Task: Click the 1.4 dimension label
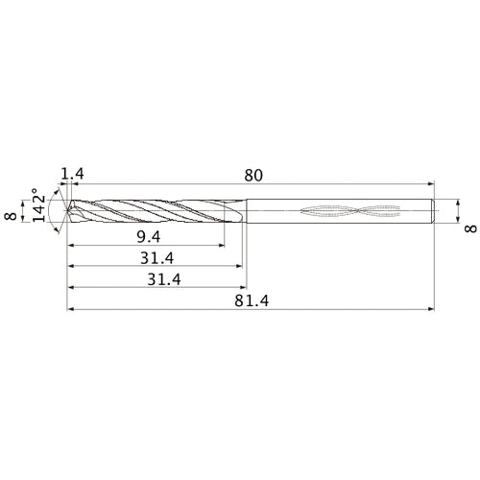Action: pyautogui.click(x=72, y=174)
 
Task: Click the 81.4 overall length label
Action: pyautogui.click(x=252, y=300)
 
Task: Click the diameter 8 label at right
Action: pyautogui.click(x=469, y=226)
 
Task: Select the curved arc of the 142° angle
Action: pyautogui.click(x=60, y=212)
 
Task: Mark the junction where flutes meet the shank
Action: pyautogui.click(x=244, y=212)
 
